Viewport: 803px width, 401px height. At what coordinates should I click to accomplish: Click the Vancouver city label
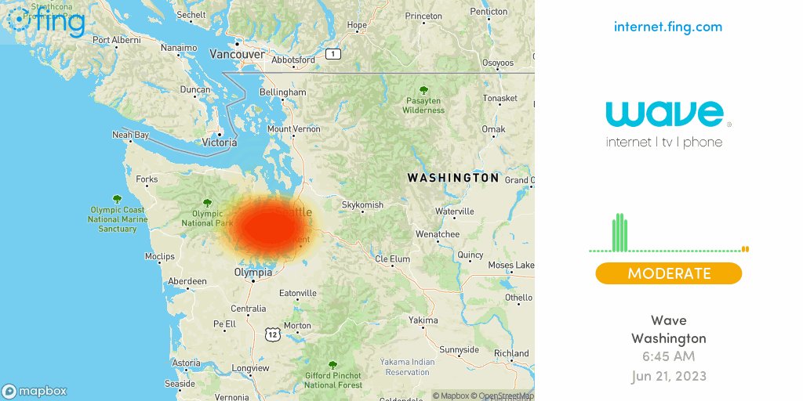click(x=237, y=54)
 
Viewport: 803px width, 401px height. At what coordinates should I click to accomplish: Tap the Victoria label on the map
click(x=220, y=143)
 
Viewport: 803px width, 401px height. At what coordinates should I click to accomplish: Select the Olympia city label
click(x=253, y=273)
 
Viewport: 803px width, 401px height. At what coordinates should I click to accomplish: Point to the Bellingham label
click(x=282, y=92)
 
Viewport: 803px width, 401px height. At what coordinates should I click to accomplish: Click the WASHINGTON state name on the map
click(x=452, y=178)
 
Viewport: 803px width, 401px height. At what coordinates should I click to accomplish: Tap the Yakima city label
click(x=423, y=320)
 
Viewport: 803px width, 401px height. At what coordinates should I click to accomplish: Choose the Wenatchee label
click(x=437, y=234)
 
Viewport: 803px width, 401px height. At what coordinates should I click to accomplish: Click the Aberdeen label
click(x=187, y=281)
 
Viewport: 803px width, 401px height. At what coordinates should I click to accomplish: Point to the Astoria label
click(x=186, y=363)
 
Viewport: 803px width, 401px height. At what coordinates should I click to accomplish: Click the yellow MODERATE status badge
click(x=668, y=273)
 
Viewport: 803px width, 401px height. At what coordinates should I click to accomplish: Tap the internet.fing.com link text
click(x=668, y=27)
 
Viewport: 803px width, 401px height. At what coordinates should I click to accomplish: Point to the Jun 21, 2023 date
click(x=668, y=376)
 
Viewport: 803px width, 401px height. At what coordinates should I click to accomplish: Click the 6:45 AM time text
click(x=668, y=357)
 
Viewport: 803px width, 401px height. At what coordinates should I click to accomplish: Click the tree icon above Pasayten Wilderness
click(x=423, y=91)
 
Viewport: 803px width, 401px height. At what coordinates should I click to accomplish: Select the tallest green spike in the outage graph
click(x=620, y=232)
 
